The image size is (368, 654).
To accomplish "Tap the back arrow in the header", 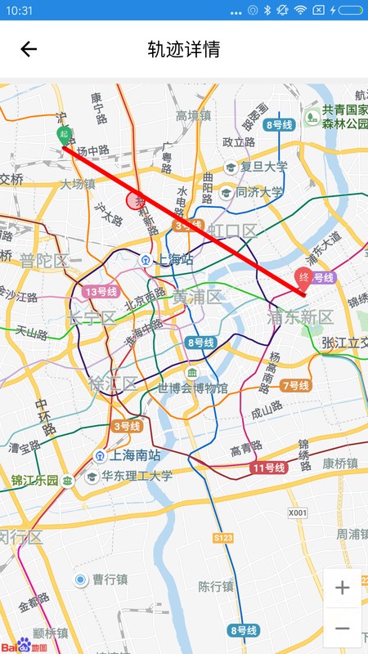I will pos(29,49).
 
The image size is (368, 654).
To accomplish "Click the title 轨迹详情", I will pos(183,49).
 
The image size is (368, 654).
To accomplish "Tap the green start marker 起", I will pos(64,136).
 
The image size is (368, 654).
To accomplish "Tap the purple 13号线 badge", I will pos(101,292).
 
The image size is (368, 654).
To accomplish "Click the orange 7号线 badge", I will pos(295,385).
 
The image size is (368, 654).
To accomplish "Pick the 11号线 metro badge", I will pos(267,468).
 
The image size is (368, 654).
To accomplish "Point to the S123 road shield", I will pos(223,537).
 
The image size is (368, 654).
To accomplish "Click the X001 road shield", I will pos(298,513).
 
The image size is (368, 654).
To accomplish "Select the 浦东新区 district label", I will pos(300,317).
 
